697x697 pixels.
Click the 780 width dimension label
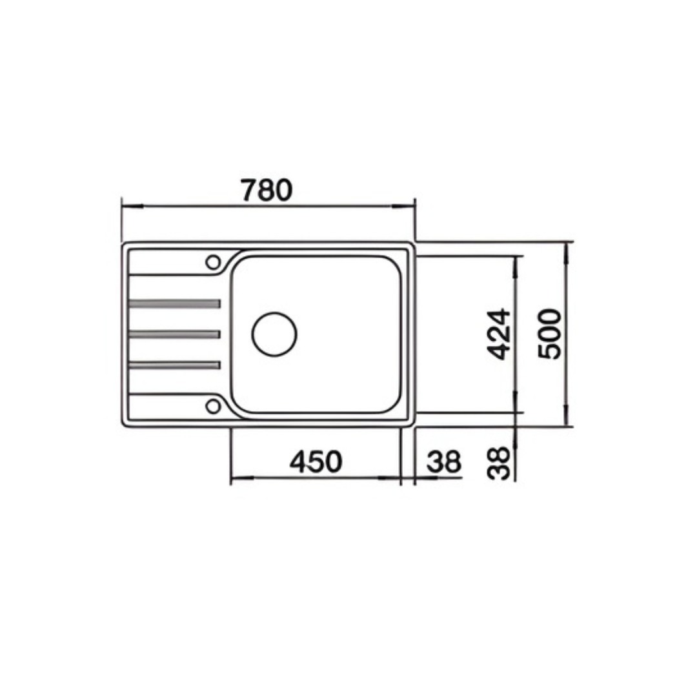point(267,190)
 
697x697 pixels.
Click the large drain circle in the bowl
point(274,334)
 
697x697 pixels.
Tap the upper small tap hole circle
point(213,262)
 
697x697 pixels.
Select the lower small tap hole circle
point(213,406)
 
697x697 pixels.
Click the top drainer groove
point(174,303)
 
